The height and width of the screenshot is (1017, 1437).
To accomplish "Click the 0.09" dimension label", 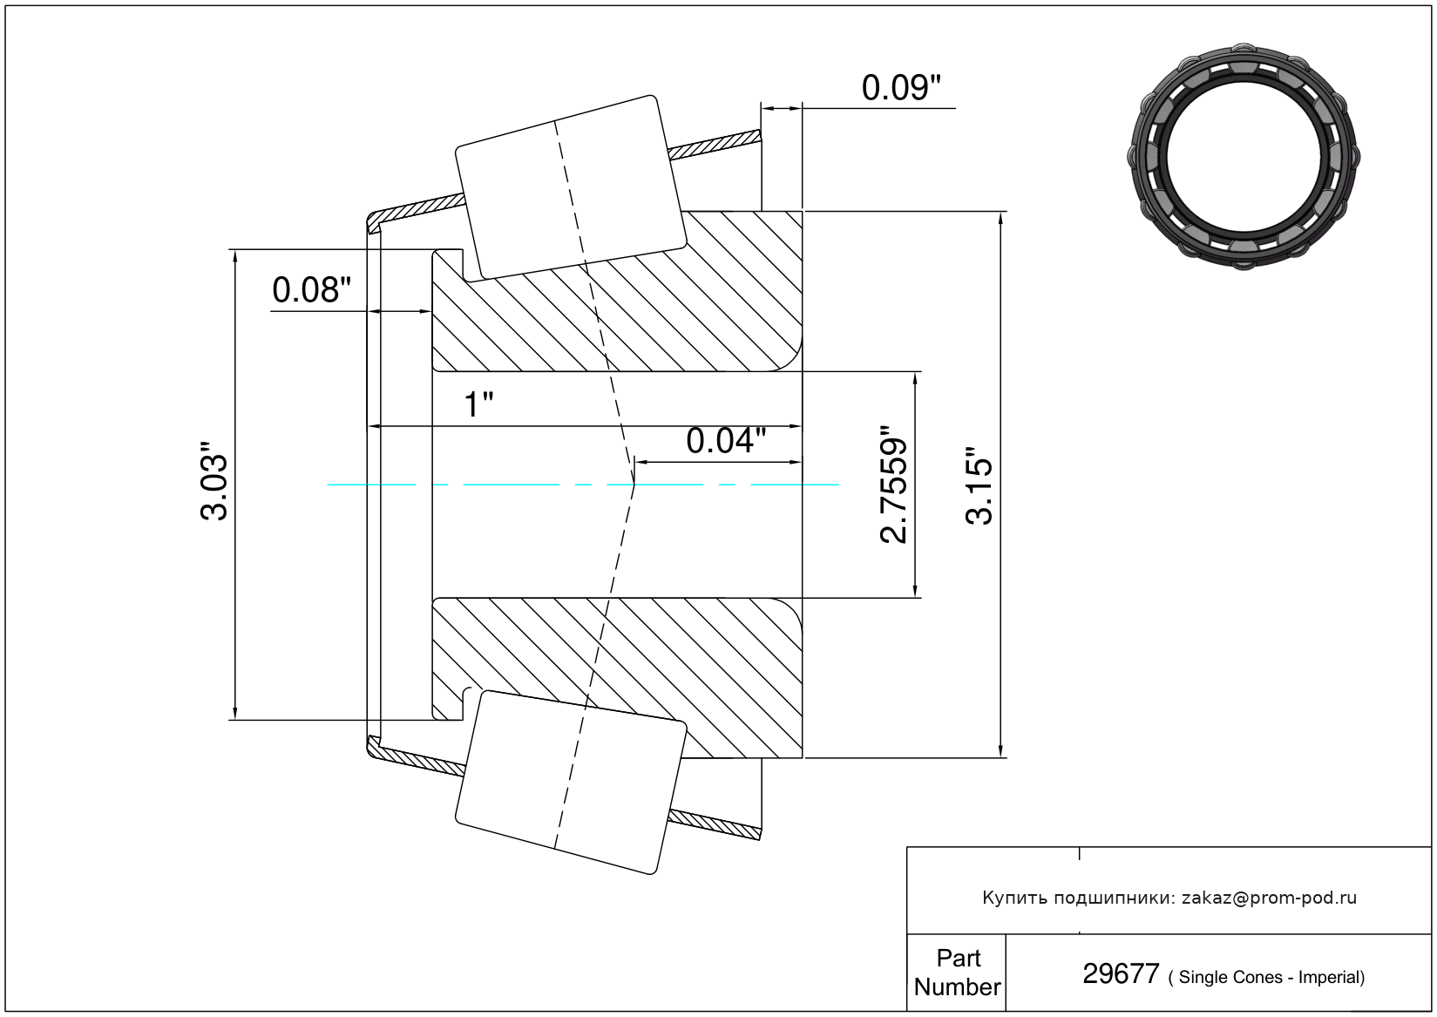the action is tap(901, 88).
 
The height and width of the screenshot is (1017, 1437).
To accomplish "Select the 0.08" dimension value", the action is tap(312, 290).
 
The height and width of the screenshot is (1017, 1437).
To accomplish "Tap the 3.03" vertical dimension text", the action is tap(214, 480).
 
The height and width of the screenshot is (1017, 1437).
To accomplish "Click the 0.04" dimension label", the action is tap(726, 441).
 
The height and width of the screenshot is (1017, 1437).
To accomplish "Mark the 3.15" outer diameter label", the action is tap(979, 485).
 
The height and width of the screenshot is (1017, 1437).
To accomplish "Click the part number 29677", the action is tap(1121, 974).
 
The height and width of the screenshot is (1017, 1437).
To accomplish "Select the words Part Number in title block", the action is tap(958, 973).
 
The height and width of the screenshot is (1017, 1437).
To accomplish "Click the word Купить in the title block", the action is tap(1014, 898).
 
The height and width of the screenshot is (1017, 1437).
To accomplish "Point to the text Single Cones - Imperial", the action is tap(1271, 977).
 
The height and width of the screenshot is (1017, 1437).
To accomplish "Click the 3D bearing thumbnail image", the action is tap(1244, 157).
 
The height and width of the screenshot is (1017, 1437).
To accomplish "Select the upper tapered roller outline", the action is tap(570, 188).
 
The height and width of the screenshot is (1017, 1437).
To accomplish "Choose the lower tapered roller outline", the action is tap(570, 783).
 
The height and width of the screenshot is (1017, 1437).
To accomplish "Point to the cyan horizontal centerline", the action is tap(583, 485).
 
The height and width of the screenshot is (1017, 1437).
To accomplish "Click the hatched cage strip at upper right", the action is tap(715, 145).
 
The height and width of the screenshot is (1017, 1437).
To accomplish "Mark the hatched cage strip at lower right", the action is tap(715, 825).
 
